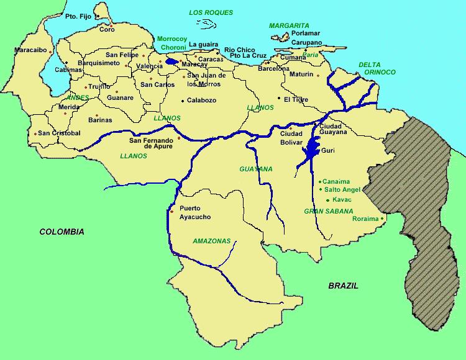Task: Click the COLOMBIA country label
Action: click(x=62, y=232)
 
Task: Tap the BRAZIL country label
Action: click(x=344, y=286)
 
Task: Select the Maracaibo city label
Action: click(x=30, y=50)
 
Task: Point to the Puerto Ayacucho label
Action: click(x=194, y=212)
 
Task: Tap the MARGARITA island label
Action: click(x=289, y=25)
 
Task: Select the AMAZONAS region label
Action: click(x=212, y=241)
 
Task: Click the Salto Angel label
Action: click(x=343, y=189)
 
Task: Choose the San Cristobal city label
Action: click(x=59, y=133)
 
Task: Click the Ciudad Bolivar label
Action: click(x=291, y=137)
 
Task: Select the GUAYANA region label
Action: click(x=255, y=169)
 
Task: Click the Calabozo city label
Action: click(x=201, y=100)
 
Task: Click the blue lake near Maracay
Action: click(x=172, y=62)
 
